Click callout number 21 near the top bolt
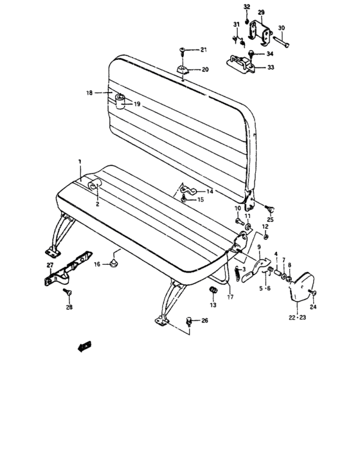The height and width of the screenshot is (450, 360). click(x=203, y=50)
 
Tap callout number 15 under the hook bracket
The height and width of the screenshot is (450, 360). click(x=199, y=201)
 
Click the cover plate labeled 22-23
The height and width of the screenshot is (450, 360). click(x=300, y=289)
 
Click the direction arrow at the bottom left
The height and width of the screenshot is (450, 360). click(x=83, y=347)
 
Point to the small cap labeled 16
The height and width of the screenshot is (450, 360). click(x=114, y=263)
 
